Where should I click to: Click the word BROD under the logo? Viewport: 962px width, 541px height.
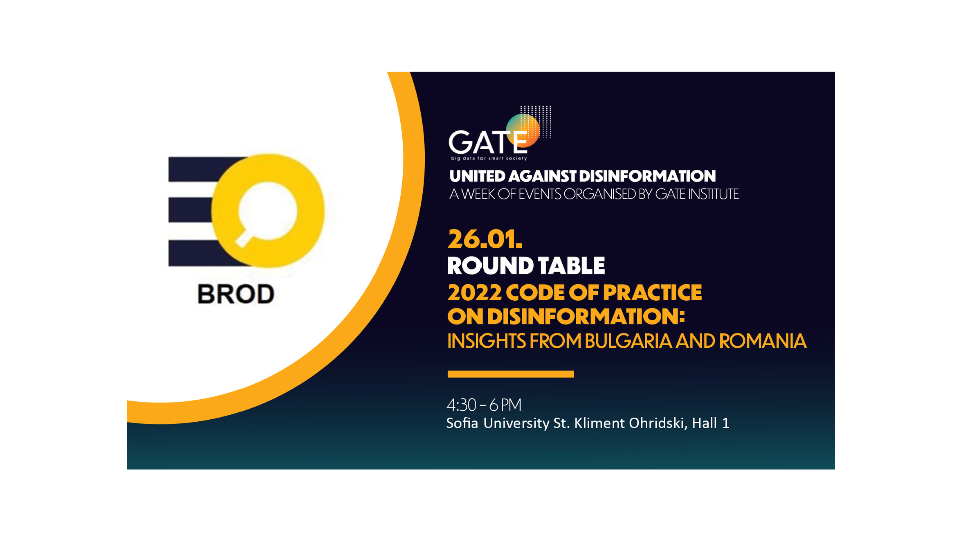pos(235,294)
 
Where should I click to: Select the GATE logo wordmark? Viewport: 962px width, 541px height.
pos(488,142)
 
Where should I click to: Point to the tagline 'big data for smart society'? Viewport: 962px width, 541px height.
pos(489,158)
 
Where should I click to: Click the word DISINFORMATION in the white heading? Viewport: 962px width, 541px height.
pos(648,176)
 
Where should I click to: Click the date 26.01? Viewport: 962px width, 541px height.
pos(485,239)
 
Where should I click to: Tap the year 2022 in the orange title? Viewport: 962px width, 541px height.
pos(474,293)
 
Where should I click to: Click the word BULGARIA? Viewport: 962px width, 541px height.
pos(628,341)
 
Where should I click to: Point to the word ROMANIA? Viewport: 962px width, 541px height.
pos(763,341)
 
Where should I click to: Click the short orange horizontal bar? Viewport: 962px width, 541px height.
pos(511,374)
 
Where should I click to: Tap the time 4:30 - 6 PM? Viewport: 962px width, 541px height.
pos(484,405)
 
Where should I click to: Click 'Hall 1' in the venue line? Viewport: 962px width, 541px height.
pos(710,423)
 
